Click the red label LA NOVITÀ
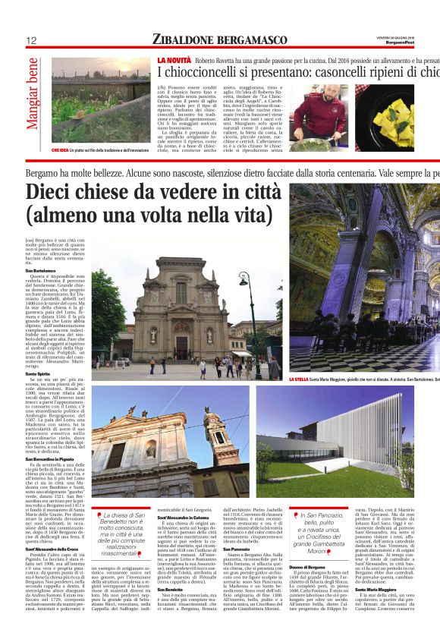click(x=174, y=59)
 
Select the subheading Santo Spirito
click(x=37, y=373)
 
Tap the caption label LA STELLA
click(x=299, y=378)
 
